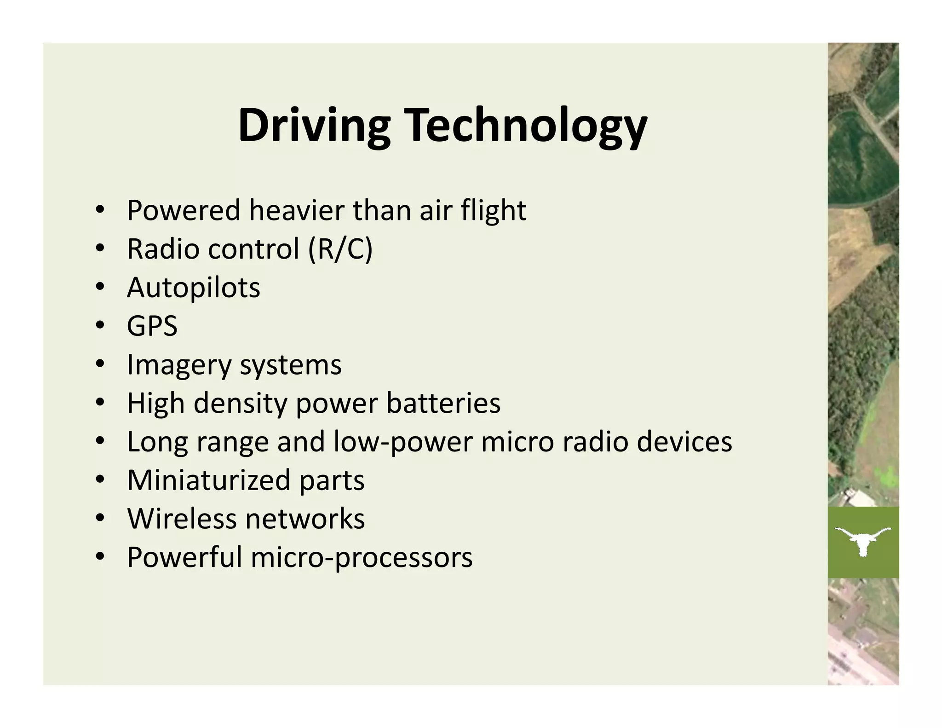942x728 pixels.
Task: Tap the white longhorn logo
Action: pyautogui.click(x=863, y=540)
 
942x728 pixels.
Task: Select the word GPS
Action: pyautogui.click(x=152, y=326)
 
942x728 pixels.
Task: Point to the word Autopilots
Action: pyautogui.click(x=193, y=288)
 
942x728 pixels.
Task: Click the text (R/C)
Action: pyautogui.click(x=340, y=249)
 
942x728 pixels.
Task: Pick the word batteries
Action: pyautogui.click(x=443, y=404)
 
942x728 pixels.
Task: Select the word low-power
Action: pyautogui.click(x=402, y=442)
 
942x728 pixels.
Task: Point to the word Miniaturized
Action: pyautogui.click(x=208, y=480)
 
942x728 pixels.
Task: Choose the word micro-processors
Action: pyautogui.click(x=362, y=558)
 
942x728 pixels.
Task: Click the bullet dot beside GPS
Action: pyautogui.click(x=100, y=326)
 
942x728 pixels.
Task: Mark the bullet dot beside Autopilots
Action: pyautogui.click(x=100, y=288)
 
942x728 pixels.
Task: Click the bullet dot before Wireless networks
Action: pyautogui.click(x=100, y=519)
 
